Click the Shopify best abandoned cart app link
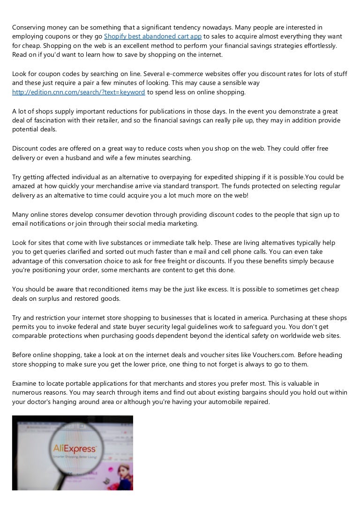click(153, 37)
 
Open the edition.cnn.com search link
click(78, 92)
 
